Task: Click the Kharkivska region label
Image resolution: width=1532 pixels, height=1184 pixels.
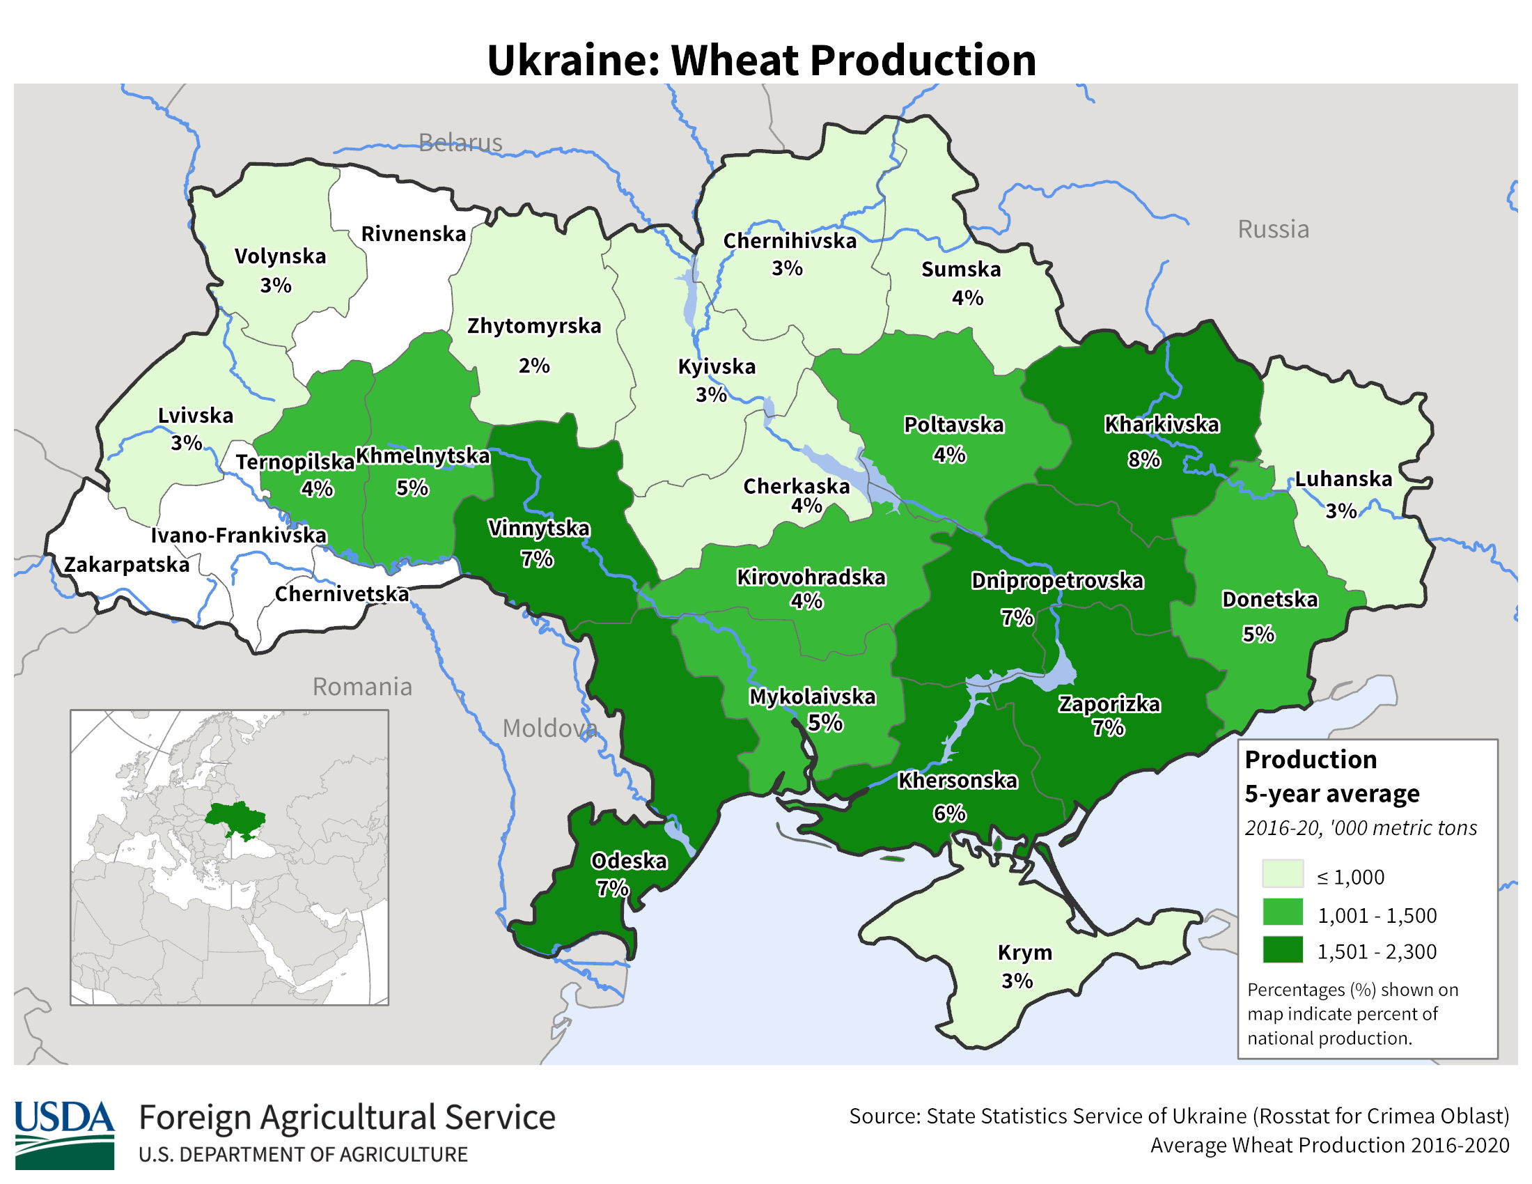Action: pos(1162,424)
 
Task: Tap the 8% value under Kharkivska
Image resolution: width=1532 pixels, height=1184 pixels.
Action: pos(1143,460)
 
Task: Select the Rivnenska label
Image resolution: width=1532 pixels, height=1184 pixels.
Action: pos(413,233)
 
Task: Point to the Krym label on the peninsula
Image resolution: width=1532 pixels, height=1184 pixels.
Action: pos(1024,953)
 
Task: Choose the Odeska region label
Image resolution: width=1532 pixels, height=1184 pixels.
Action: pos(629,861)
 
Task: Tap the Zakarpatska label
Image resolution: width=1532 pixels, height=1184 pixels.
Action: pos(127,565)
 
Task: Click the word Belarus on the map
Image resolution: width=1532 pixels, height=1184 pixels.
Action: pos(460,143)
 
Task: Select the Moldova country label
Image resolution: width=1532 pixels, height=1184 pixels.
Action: pos(549,729)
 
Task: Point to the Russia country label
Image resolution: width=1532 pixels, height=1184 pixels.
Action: pos(1272,229)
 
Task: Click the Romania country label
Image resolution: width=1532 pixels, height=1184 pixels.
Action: pos(362,687)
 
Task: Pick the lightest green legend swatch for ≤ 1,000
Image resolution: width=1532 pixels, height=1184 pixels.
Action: pos(1282,874)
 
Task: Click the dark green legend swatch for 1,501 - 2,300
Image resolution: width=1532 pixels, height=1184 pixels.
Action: pos(1282,950)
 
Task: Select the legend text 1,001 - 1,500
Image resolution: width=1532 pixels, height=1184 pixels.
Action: pos(1376,915)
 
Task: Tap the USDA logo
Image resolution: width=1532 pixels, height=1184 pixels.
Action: pos(64,1134)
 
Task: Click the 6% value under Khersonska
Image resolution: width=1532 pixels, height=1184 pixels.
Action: pos(948,813)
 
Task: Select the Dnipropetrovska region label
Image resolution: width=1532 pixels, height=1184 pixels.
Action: pos(1057,581)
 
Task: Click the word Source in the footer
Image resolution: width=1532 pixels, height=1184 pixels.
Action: pos(884,1116)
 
